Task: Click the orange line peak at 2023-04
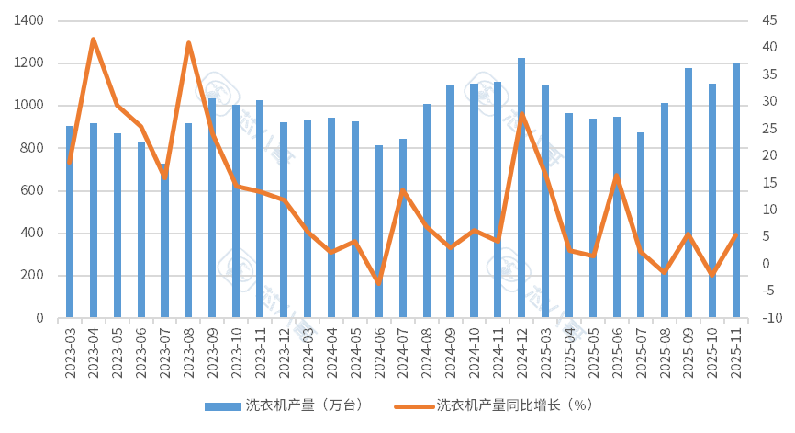(x=93, y=38)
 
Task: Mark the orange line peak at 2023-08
(x=188, y=41)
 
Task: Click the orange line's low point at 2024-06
(x=378, y=283)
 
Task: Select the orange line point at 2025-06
(x=617, y=175)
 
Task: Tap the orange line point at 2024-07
(x=402, y=189)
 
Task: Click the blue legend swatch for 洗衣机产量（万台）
(x=221, y=405)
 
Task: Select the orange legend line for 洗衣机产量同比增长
(x=412, y=405)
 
